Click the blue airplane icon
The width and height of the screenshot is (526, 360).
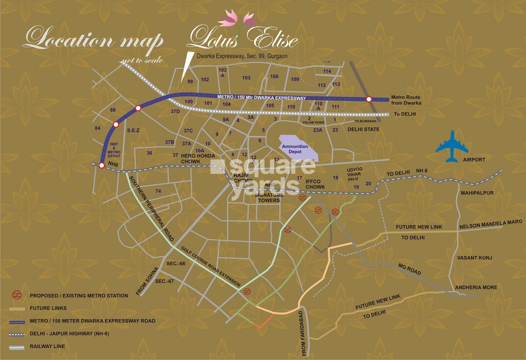[x=452, y=147]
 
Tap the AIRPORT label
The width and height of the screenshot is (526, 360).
[x=474, y=159]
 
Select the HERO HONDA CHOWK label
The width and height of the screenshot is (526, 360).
[x=197, y=158]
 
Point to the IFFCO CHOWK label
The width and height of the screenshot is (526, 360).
[x=315, y=184]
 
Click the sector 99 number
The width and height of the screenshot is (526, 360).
[x=190, y=82]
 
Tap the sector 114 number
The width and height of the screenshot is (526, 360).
[x=327, y=71]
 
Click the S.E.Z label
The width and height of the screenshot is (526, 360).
[x=133, y=130]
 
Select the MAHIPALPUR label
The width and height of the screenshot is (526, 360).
[x=477, y=193]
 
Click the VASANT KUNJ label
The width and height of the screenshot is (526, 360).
[x=474, y=258]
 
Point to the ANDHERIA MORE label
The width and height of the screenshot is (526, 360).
[x=476, y=287]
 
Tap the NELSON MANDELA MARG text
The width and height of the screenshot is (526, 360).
[x=491, y=224]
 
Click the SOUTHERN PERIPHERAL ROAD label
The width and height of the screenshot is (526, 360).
[x=151, y=208]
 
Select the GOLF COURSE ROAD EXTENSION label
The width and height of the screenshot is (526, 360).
[x=211, y=266]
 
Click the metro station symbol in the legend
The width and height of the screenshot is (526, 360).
[x=17, y=295]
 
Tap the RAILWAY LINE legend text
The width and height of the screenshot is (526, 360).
[x=47, y=346]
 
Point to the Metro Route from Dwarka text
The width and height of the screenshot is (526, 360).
[x=406, y=100]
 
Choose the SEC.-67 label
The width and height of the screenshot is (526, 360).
[x=164, y=281]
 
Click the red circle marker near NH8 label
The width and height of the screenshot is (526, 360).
[x=102, y=165]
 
